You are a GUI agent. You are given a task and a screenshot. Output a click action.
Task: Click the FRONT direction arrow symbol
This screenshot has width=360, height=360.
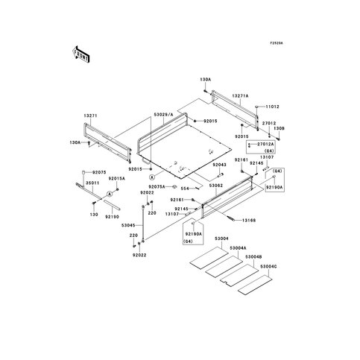(x=80, y=54)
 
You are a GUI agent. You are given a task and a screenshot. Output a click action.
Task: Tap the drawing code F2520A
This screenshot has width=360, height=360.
(x=277, y=42)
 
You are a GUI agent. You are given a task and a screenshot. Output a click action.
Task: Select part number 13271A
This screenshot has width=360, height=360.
(x=219, y=96)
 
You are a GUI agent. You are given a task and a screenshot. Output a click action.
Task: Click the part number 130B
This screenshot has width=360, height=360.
(x=257, y=128)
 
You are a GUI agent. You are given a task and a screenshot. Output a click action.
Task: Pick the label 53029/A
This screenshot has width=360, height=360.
(x=163, y=114)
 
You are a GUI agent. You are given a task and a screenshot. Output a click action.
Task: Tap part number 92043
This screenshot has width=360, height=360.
(x=198, y=164)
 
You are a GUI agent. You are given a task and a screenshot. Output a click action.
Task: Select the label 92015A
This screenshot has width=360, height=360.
(x=116, y=179)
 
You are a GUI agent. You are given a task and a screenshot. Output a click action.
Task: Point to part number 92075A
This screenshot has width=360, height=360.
(x=157, y=186)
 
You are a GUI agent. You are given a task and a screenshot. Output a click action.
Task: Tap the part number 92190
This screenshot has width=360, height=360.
(x=111, y=216)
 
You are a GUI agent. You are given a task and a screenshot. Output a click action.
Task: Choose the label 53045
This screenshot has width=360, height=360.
(x=130, y=224)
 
